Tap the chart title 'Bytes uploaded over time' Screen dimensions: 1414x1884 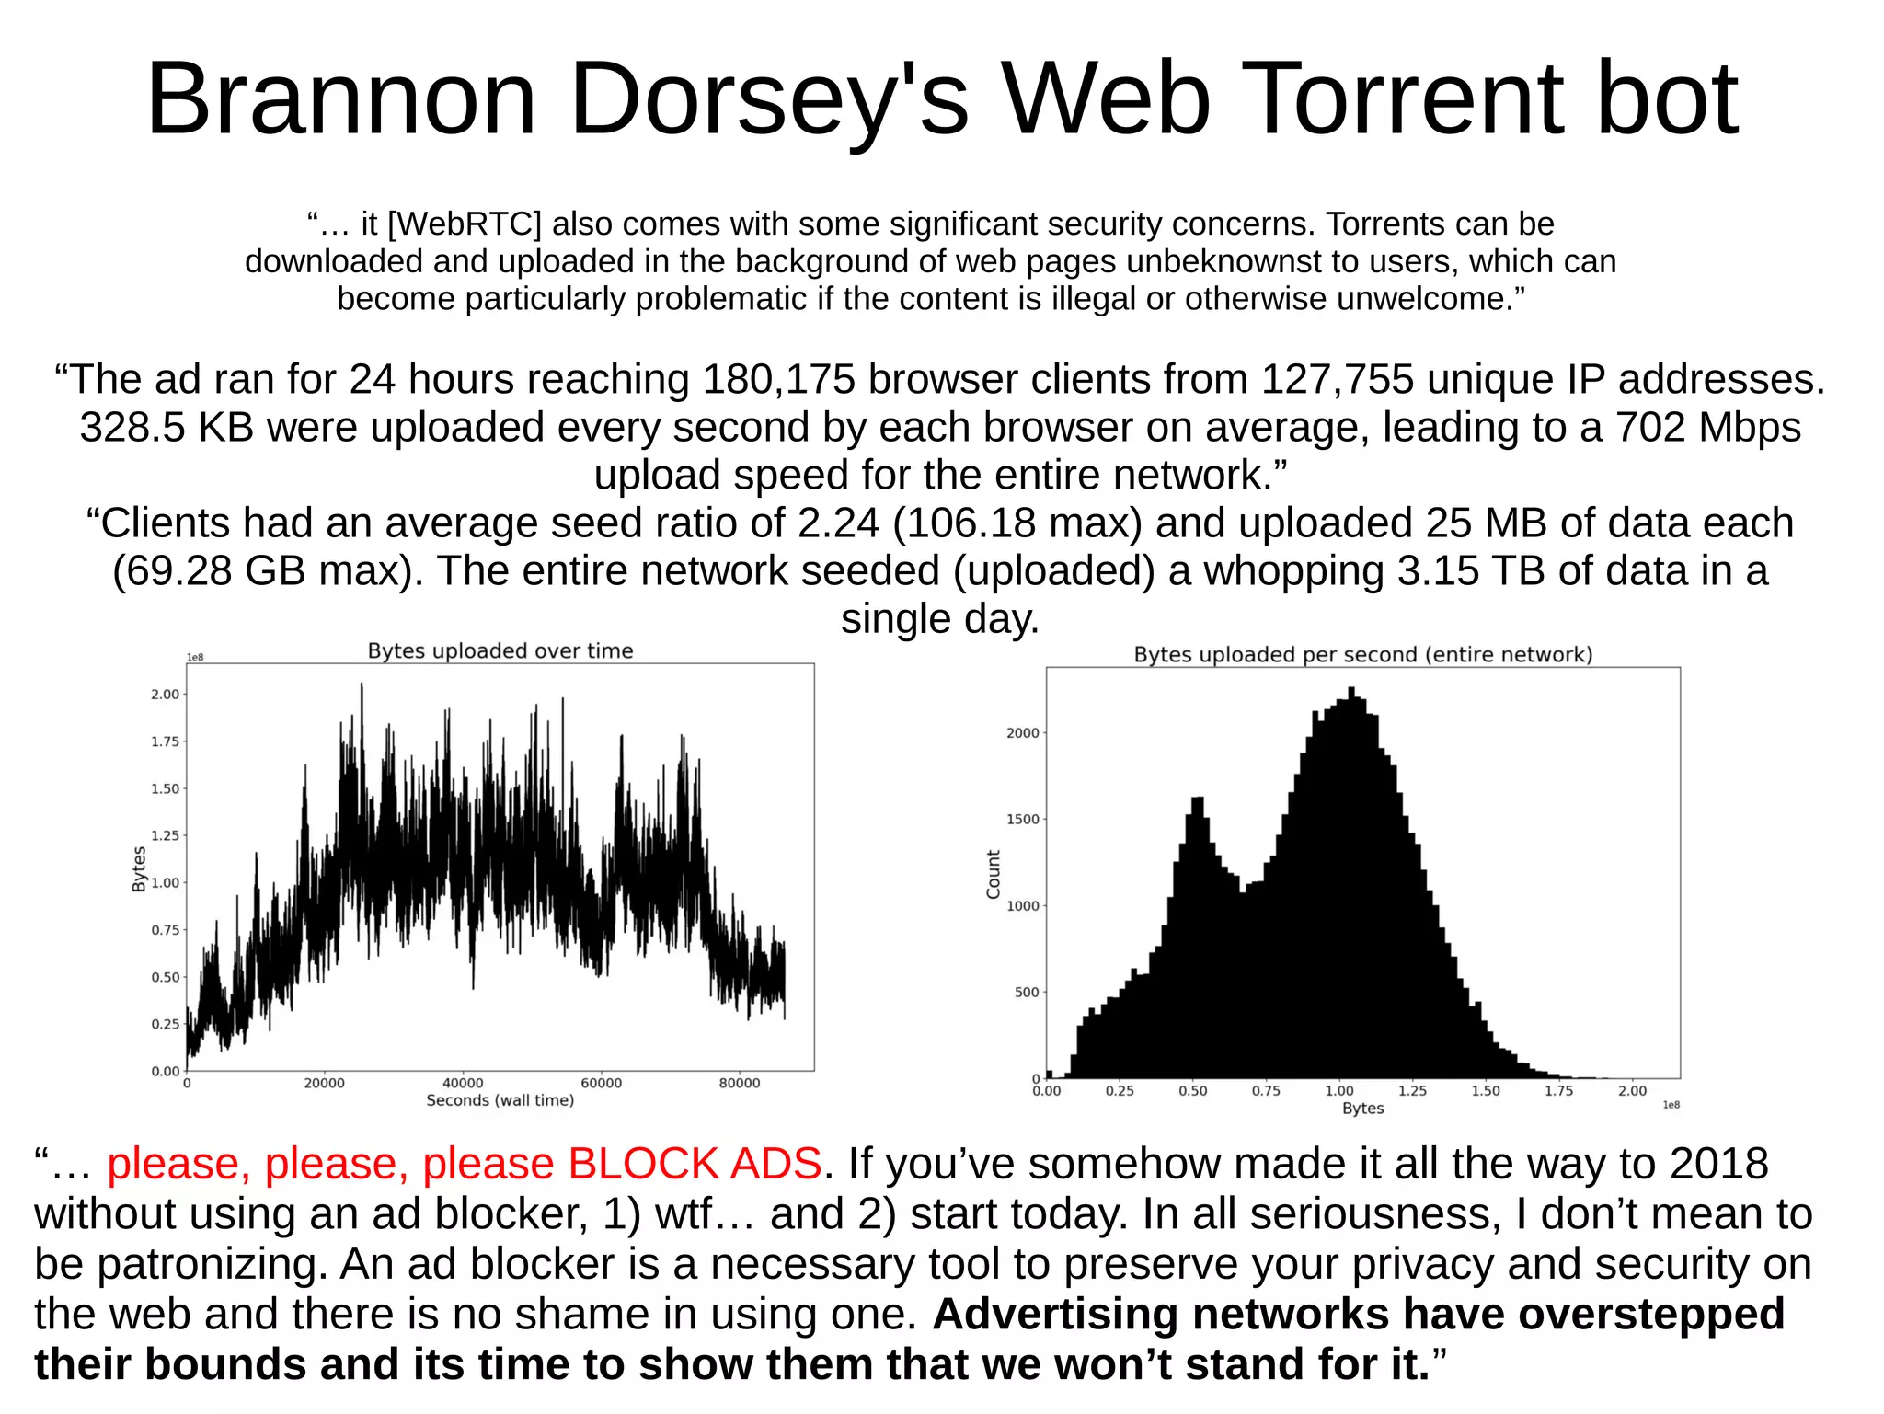click(x=500, y=651)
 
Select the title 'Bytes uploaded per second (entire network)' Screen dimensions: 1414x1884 click(x=1362, y=655)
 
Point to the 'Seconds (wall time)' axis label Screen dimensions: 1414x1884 click(x=500, y=1100)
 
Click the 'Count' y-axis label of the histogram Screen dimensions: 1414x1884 click(x=993, y=874)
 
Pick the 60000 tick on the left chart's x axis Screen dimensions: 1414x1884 click(x=601, y=1084)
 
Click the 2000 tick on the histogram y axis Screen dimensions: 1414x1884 click(x=1022, y=733)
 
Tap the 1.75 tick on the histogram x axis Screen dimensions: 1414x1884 click(x=1558, y=1091)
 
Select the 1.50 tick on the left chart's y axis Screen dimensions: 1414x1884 click(x=166, y=789)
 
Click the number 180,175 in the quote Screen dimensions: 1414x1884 click(x=778, y=380)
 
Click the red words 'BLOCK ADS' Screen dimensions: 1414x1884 click(x=695, y=1164)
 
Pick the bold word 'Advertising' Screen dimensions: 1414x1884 click(x=1055, y=1314)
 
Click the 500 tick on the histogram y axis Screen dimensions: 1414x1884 click(x=1026, y=993)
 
